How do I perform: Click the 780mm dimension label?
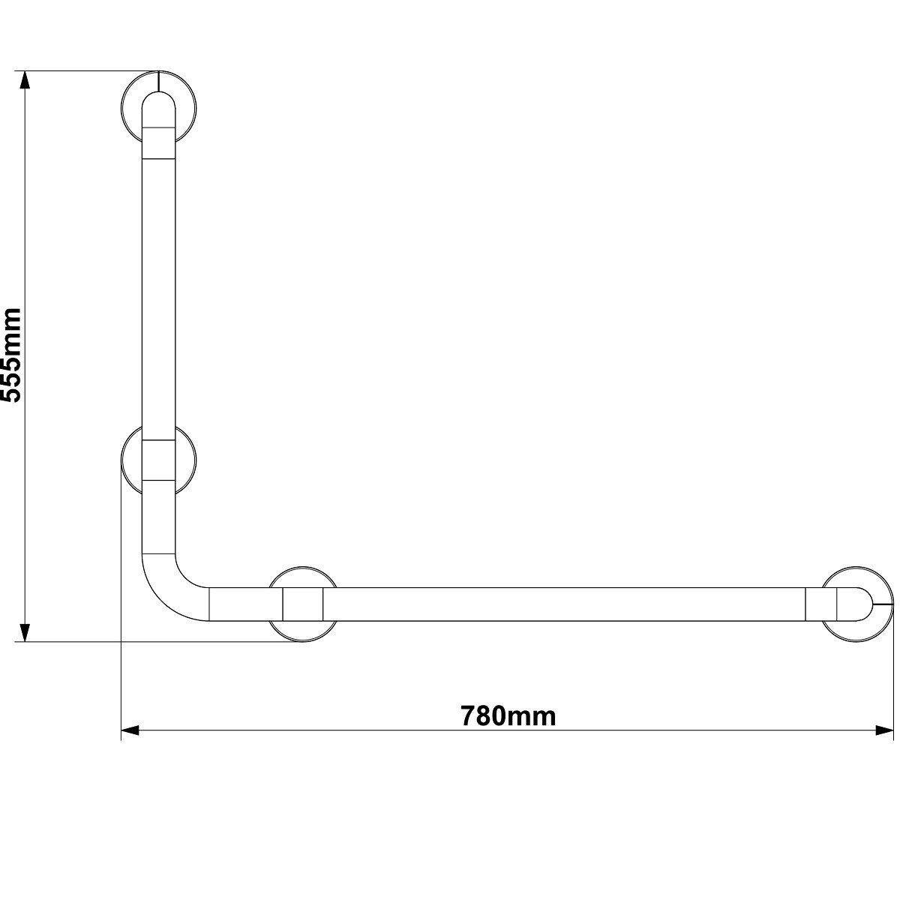pos(508,715)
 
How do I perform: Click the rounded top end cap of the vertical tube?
pos(158,105)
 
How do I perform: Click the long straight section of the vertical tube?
pos(158,300)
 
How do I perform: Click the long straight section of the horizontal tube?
pos(562,604)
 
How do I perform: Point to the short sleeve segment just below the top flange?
pos(158,142)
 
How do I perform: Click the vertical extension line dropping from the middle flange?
pos(121,600)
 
